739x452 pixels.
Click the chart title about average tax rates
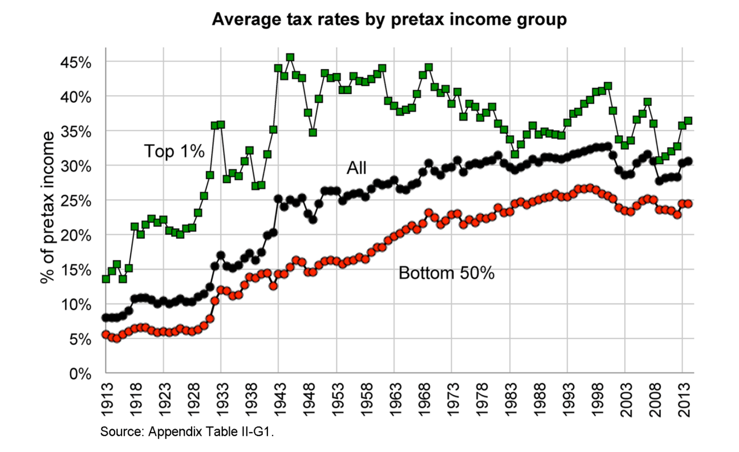[389, 19]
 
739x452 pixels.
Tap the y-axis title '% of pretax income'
[47, 207]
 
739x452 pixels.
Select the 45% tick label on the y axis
[76, 63]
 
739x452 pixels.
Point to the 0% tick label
[80, 374]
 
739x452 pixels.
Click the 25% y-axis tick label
[76, 201]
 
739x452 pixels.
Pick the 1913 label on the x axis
[107, 400]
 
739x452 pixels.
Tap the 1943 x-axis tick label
[280, 400]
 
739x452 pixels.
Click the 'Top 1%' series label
[174, 151]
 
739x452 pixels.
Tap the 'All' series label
[357, 168]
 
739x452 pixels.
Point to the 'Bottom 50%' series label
[446, 273]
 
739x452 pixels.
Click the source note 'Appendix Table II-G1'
[187, 432]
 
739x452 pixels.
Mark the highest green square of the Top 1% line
[290, 57]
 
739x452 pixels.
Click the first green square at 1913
[106, 279]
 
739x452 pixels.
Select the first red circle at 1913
[106, 335]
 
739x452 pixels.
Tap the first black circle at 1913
[106, 318]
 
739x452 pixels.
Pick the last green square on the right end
[688, 120]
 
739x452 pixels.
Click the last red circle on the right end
[688, 203]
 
